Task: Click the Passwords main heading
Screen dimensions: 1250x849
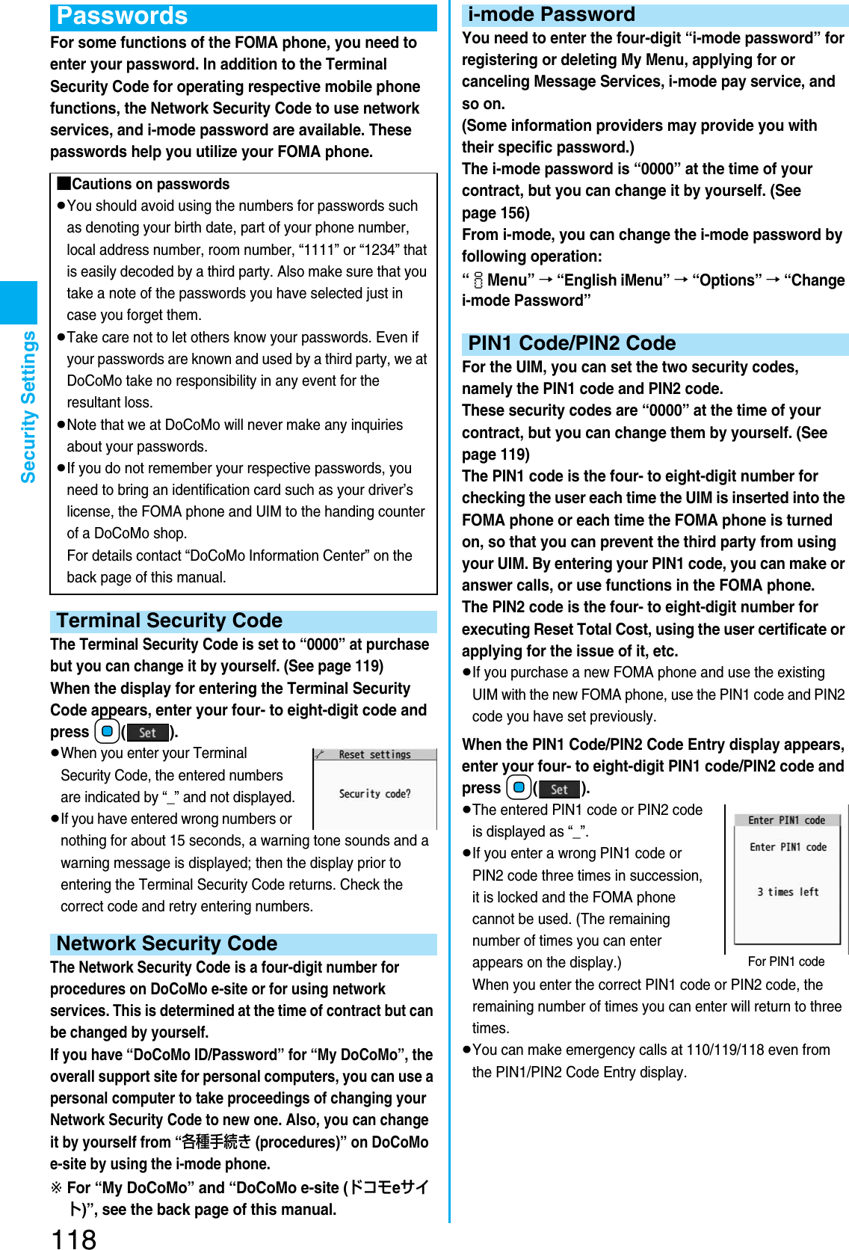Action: [122, 16]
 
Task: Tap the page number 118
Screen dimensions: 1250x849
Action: [73, 1238]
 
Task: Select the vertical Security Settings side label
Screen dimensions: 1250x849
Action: [28, 407]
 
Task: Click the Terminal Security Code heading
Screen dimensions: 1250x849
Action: [170, 621]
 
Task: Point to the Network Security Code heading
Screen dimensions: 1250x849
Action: [167, 944]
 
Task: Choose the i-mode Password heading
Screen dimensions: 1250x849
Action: [551, 15]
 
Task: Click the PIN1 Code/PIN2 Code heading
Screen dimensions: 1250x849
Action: [572, 344]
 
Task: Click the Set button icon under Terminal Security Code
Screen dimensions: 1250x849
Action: [147, 733]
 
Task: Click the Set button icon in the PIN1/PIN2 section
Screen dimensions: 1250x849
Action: [559, 789]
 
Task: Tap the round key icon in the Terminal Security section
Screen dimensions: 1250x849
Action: [107, 731]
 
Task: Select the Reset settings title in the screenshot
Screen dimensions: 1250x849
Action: [374, 755]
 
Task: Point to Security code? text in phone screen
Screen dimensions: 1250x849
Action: [374, 794]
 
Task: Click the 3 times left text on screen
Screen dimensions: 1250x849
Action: [788, 892]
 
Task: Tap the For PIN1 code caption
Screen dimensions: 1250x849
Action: [785, 961]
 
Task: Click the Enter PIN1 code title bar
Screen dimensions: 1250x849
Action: [786, 820]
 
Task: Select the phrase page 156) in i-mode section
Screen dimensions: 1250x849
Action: [495, 213]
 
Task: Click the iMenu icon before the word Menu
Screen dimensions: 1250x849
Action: [478, 281]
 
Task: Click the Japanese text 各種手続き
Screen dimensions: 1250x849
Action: [216, 1142]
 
